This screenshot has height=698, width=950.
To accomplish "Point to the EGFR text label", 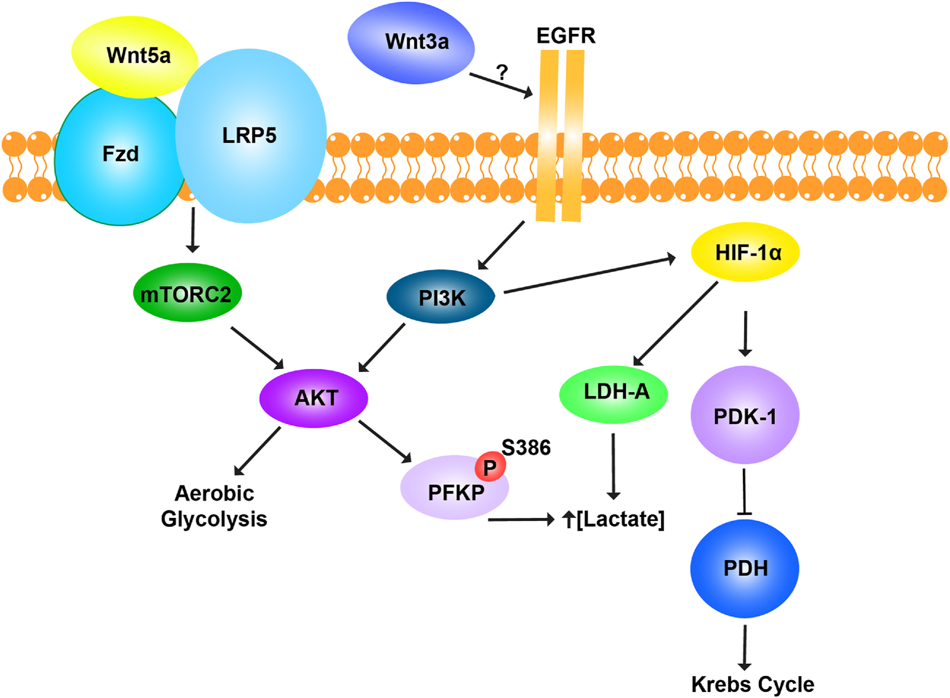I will pyautogui.click(x=565, y=36).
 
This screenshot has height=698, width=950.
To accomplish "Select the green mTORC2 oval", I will pyautogui.click(x=186, y=293).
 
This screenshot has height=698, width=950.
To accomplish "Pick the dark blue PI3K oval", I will pyautogui.click(x=441, y=297).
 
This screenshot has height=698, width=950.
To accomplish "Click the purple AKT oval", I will pyautogui.click(x=313, y=397).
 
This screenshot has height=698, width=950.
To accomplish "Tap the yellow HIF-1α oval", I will pyautogui.click(x=745, y=252).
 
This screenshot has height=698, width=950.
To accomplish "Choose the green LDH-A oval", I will pyautogui.click(x=613, y=393).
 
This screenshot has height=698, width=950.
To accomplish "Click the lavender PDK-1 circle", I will pyautogui.click(x=745, y=415).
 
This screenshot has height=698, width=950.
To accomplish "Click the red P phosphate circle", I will pyautogui.click(x=490, y=467).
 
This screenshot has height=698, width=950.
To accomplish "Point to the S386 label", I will pyautogui.click(x=526, y=447).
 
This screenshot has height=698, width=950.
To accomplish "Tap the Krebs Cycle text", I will pyautogui.click(x=752, y=684).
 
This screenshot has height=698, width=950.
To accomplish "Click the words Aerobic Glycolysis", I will pyautogui.click(x=214, y=506).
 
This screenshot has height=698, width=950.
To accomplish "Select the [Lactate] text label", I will pyautogui.click(x=620, y=519).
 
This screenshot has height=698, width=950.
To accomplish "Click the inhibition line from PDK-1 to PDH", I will pyautogui.click(x=745, y=492).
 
